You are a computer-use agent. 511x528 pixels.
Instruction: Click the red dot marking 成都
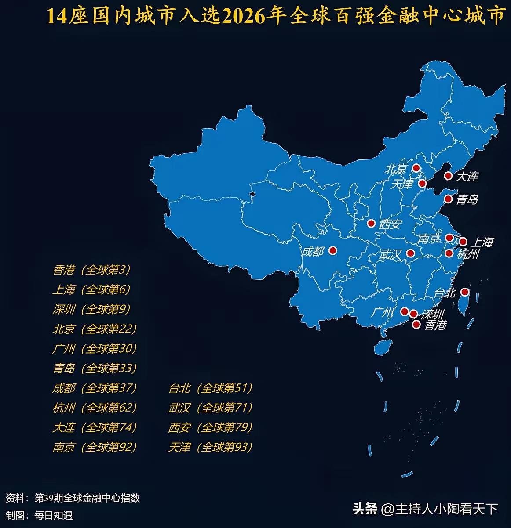(332, 250)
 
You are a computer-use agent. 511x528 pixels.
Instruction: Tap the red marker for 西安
(371, 224)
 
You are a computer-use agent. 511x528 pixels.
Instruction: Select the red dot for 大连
(448, 176)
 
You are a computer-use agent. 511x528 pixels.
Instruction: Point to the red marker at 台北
(464, 292)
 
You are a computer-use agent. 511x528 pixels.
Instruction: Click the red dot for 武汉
(410, 253)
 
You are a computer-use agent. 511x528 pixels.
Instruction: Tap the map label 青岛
(467, 199)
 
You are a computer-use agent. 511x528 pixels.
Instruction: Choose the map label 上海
(482, 242)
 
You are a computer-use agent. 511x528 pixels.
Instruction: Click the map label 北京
(396, 169)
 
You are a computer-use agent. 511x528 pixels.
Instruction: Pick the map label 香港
(435, 325)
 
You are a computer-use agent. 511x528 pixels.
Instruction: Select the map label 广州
(382, 312)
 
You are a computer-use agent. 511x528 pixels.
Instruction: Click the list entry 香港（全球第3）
(91, 270)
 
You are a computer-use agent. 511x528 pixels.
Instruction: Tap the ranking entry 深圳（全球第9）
(91, 309)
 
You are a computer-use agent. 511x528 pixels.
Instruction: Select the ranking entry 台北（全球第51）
(210, 388)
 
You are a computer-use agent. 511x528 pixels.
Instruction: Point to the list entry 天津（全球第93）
(210, 448)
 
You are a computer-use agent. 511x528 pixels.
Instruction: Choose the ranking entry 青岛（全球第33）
(95, 368)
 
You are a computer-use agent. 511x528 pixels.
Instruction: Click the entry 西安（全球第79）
(210, 427)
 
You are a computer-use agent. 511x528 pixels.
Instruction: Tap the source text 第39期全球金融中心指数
(87, 498)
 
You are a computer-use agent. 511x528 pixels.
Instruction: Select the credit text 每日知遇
(54, 515)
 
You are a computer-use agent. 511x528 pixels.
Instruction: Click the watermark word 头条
(365, 509)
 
